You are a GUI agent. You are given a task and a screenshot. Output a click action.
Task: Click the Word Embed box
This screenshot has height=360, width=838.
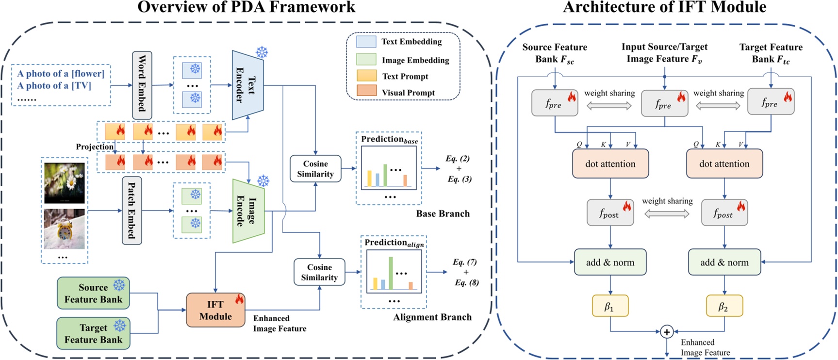pos(142,85)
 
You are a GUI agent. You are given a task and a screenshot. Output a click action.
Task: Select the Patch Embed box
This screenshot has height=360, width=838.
pos(131,211)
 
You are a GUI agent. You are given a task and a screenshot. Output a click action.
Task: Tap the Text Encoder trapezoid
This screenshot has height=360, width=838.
pos(247,85)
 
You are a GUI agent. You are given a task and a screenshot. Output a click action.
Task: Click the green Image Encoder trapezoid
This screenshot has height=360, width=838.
pos(248,211)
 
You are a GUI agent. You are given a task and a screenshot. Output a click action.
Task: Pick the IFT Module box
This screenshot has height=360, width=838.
pos(215,310)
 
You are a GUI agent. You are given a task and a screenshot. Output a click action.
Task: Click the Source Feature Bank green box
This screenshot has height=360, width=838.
pos(93,293)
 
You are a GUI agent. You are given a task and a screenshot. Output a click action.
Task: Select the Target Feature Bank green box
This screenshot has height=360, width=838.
pos(93,333)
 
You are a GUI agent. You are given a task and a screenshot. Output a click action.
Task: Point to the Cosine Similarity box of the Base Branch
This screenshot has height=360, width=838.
pos(315,169)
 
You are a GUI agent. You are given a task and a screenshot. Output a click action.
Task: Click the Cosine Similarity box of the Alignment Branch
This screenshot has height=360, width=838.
pos(319,272)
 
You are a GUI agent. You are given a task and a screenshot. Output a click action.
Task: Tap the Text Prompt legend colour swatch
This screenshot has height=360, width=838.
pos(366,76)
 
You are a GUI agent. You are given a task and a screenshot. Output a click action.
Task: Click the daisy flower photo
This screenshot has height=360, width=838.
pos(65,183)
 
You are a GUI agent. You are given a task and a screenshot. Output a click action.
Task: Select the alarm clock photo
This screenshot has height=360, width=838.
pos(65,229)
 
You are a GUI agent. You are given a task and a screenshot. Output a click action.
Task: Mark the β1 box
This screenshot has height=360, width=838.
pos(610,306)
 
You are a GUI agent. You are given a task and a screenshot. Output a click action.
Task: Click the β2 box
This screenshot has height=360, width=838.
pos(724,306)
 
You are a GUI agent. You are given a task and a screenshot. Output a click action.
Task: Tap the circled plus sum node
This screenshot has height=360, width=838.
pos(667,332)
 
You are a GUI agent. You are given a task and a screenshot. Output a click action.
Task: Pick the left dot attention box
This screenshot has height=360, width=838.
pos(610,164)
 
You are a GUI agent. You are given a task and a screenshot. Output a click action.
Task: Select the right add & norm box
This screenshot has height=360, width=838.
pos(724,262)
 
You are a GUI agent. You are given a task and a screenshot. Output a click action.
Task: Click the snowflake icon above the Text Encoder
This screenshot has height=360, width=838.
pos(262,52)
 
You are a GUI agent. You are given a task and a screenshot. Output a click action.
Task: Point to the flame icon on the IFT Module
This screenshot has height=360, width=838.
pos(239,298)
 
